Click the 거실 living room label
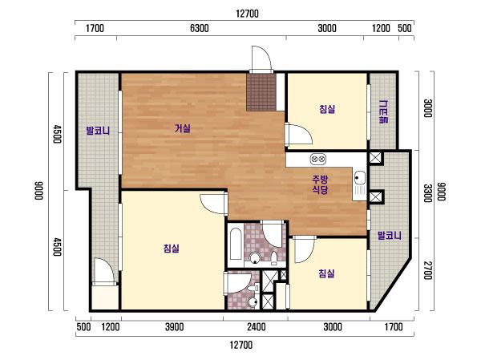pyautogui.click(x=183, y=128)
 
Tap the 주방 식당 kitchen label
pyautogui.click(x=320, y=184)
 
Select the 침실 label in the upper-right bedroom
pyautogui.click(x=327, y=109)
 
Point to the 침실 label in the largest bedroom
pyautogui.click(x=172, y=248)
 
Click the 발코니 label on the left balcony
pyautogui.click(x=98, y=131)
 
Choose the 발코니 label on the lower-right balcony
pyautogui.click(x=390, y=236)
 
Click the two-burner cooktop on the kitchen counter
pyautogui.click(x=317, y=159)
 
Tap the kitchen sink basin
pyautogui.click(x=359, y=177)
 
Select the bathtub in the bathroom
pyautogui.click(x=236, y=244)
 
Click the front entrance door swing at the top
pyautogui.click(x=261, y=59)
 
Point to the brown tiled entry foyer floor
pyautogui.click(x=261, y=92)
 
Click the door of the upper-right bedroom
pyautogui.click(x=298, y=134)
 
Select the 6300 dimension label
pyautogui.click(x=200, y=28)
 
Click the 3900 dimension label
pyautogui.click(x=175, y=327)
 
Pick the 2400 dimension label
pyautogui.click(x=257, y=327)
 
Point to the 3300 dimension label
pyautogui.click(x=427, y=193)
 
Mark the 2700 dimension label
pyautogui.click(x=427, y=270)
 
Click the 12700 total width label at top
pyautogui.click(x=247, y=14)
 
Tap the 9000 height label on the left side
pyautogui.click(x=38, y=191)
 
